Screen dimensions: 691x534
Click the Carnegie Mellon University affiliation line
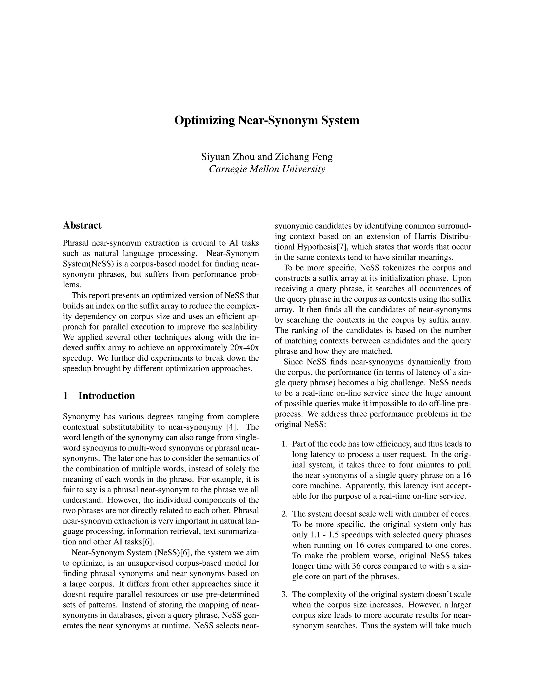click(267, 169)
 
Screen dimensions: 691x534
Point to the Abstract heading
click(82, 225)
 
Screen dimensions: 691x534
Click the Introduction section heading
click(107, 396)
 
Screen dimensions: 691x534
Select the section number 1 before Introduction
click(65, 396)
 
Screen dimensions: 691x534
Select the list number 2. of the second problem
click(285, 513)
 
